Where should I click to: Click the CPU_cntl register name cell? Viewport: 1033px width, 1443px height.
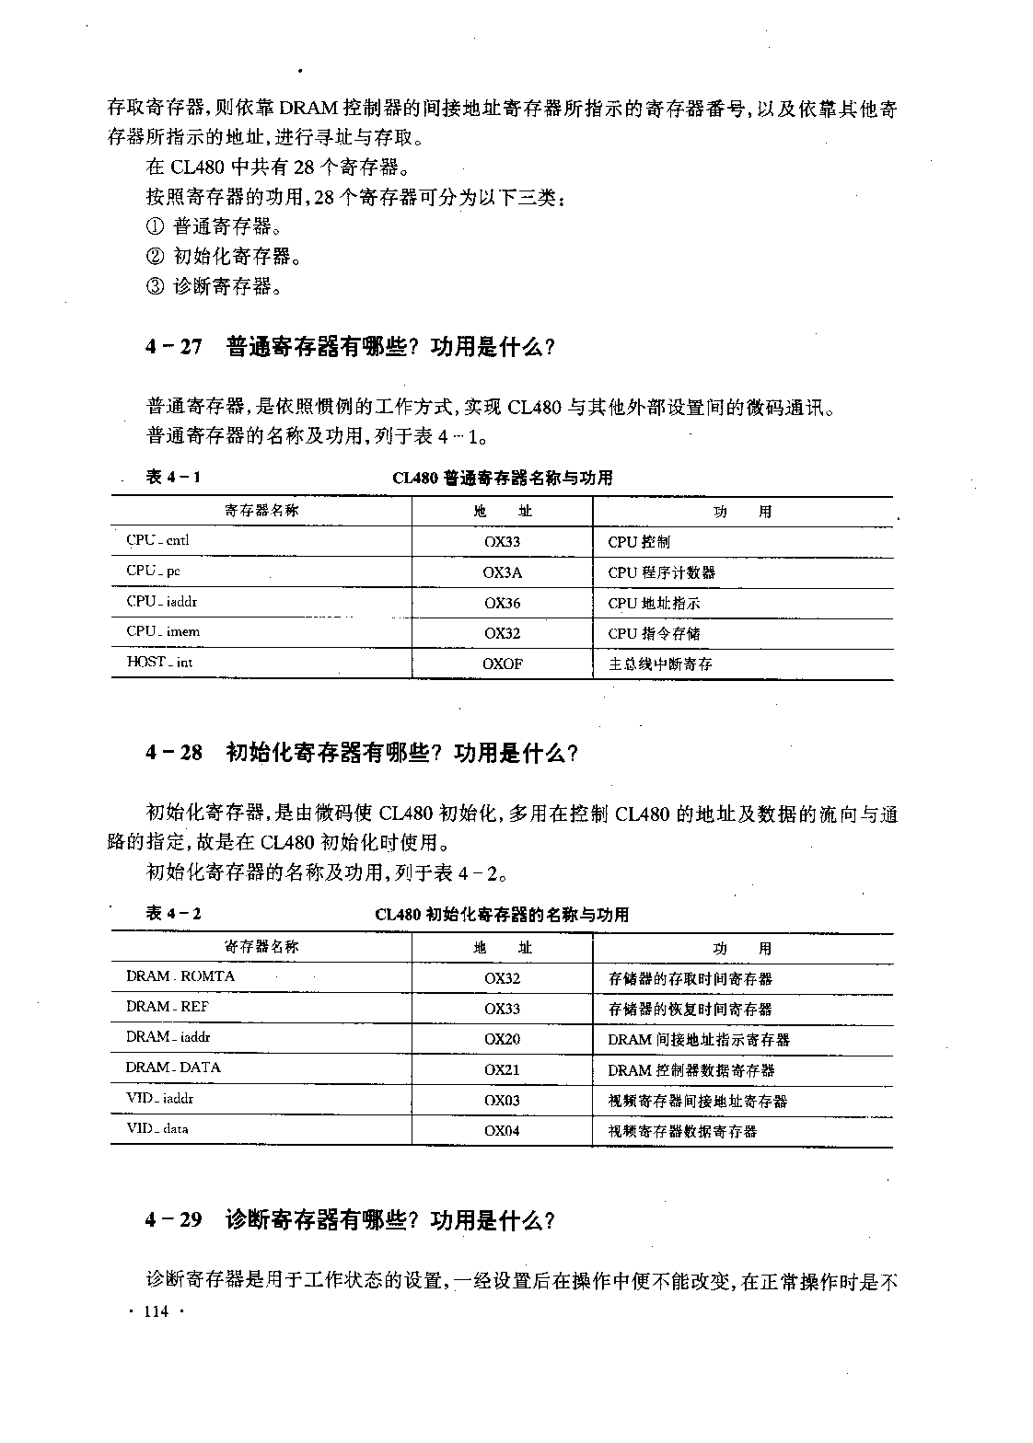tap(157, 541)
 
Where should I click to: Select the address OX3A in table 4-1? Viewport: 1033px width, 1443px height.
tap(502, 572)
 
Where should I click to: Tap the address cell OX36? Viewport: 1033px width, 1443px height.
tap(502, 603)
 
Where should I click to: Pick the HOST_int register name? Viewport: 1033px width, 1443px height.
tap(159, 663)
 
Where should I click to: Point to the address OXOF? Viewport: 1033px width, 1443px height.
tap(502, 664)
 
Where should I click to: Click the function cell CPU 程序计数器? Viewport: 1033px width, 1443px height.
tap(661, 572)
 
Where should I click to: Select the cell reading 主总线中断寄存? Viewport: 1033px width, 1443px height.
tap(660, 664)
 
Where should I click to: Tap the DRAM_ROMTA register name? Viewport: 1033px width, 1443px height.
tap(180, 976)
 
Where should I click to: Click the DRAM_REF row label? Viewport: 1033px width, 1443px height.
tap(168, 1007)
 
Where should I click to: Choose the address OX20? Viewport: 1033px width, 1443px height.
tap(502, 1039)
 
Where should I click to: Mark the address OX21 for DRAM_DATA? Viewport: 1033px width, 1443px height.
tap(502, 1069)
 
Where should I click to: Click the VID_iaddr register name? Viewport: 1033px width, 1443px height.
tap(160, 1099)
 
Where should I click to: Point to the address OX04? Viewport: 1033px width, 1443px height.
tap(502, 1130)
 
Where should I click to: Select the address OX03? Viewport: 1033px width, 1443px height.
tap(502, 1100)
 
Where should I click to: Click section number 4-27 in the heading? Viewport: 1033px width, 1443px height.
tap(173, 347)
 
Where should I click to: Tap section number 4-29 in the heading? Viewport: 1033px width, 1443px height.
tap(173, 1220)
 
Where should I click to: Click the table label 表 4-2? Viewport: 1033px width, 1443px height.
tap(173, 913)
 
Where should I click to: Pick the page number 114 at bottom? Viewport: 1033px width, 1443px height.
tap(156, 1312)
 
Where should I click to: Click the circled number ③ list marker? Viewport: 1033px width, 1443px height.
tap(155, 286)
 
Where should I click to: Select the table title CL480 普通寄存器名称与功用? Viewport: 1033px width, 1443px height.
tap(502, 478)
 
